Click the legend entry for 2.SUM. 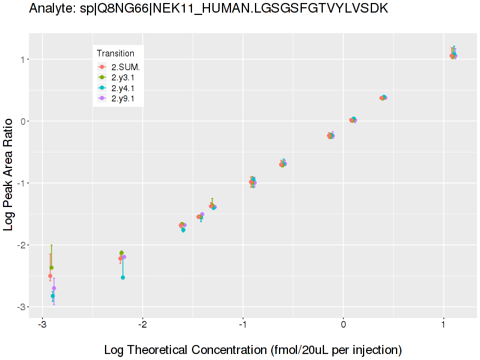point(125,67)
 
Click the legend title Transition point(116,53)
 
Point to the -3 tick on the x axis point(42,325)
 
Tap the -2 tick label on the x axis point(142,325)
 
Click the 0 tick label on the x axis point(343,325)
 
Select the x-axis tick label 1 point(443,325)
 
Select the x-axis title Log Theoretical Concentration point(253,350)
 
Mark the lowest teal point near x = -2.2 point(123,277)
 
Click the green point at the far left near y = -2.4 point(52,268)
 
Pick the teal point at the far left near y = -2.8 point(53,296)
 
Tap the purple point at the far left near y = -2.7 point(54,288)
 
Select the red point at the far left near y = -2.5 point(50,276)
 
